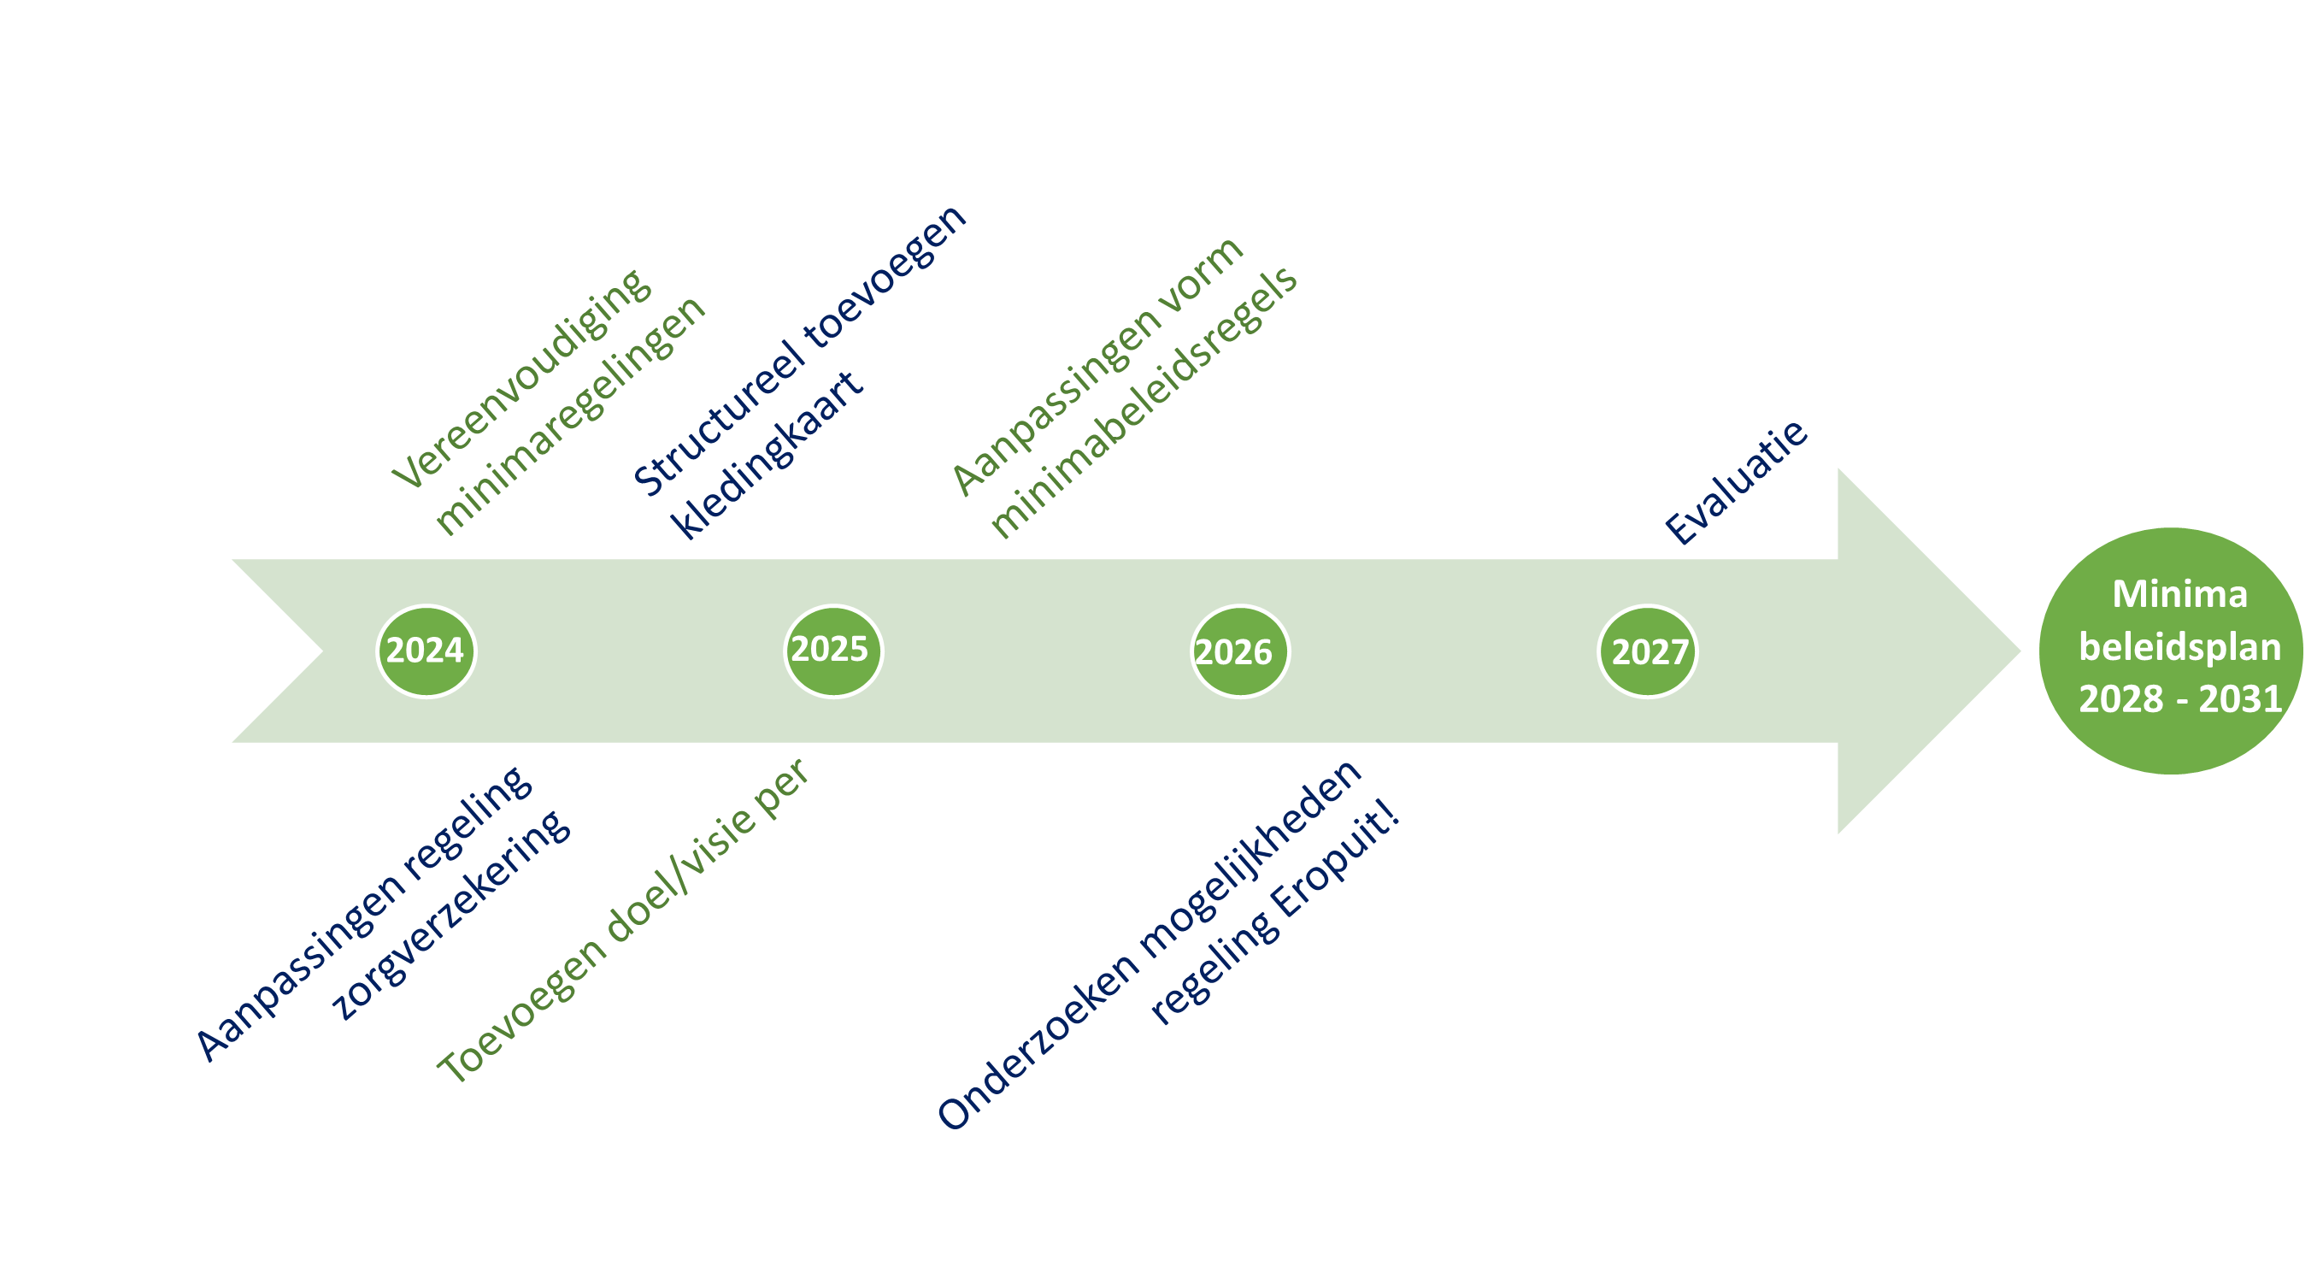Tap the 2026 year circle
point(1240,652)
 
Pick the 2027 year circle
point(1648,652)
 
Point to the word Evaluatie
point(1736,482)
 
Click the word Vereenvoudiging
point(521,379)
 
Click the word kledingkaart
point(767,455)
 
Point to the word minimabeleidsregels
point(1144,402)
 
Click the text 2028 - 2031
point(2179,698)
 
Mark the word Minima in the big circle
point(2179,594)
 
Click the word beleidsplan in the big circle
point(2179,646)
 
